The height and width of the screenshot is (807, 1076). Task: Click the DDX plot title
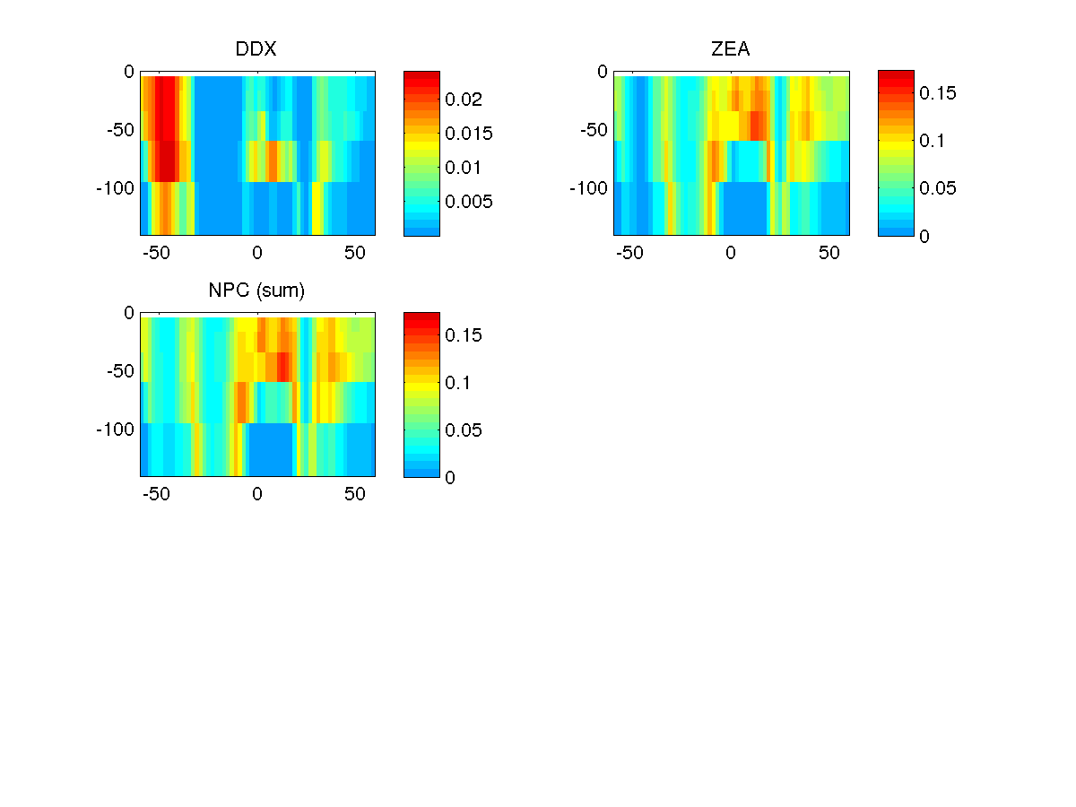[256, 50]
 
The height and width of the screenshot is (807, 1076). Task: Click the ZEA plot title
[730, 50]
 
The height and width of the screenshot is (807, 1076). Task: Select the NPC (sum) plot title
[256, 291]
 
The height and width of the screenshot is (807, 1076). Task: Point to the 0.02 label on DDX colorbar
[464, 100]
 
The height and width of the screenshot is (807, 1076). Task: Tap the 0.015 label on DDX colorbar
[469, 134]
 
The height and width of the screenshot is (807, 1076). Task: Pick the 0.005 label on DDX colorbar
[469, 202]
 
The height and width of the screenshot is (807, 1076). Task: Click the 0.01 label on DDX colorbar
[464, 168]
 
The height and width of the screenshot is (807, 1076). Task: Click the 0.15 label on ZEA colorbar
[938, 93]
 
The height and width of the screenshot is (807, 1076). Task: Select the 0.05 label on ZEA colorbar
[938, 188]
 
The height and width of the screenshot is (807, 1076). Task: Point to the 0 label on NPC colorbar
[450, 477]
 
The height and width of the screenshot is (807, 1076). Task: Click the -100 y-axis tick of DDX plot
[115, 188]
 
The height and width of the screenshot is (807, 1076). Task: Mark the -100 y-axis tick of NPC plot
[115, 430]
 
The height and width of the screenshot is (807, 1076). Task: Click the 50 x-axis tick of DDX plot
[355, 253]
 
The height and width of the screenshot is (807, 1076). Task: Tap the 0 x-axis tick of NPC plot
[256, 494]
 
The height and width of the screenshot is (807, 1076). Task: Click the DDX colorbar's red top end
[421, 74]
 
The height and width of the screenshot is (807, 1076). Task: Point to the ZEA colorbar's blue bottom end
[896, 231]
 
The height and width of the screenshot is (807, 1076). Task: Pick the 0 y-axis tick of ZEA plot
[603, 72]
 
